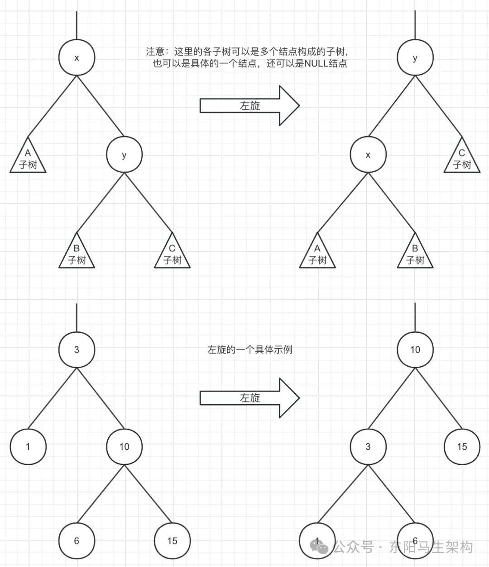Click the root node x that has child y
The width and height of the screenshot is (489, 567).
point(77,58)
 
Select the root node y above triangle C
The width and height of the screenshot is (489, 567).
point(415,58)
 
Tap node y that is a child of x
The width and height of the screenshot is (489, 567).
point(124,155)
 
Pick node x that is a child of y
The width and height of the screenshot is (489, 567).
point(368,155)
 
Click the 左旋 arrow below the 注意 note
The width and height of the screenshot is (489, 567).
point(249,106)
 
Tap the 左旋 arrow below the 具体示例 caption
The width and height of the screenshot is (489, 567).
point(249,398)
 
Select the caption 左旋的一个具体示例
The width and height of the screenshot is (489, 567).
point(250,350)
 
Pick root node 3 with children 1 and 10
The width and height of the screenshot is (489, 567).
point(77,350)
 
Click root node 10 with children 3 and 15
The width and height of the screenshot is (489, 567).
point(415,350)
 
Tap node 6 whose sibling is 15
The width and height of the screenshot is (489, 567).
point(77,541)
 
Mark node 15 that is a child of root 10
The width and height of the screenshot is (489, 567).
point(461,447)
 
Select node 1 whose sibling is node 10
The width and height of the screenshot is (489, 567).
point(28,447)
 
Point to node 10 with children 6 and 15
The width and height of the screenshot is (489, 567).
point(124,447)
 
